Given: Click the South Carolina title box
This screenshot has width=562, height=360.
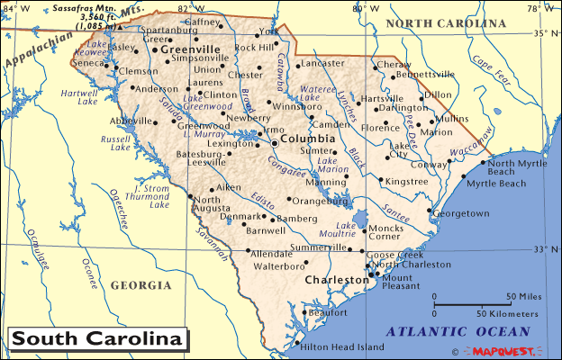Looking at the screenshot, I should click(97, 338).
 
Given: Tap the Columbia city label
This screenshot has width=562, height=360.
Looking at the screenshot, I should click(307, 139).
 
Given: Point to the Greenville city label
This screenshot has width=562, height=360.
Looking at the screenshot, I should click(191, 49).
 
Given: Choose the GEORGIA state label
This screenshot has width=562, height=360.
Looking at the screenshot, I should click(140, 285).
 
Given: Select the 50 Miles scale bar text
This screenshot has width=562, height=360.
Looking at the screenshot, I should click(522, 296).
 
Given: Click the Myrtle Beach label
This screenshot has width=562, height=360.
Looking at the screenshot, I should click(495, 183).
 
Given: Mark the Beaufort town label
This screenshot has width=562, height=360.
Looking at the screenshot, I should click(327, 312).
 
